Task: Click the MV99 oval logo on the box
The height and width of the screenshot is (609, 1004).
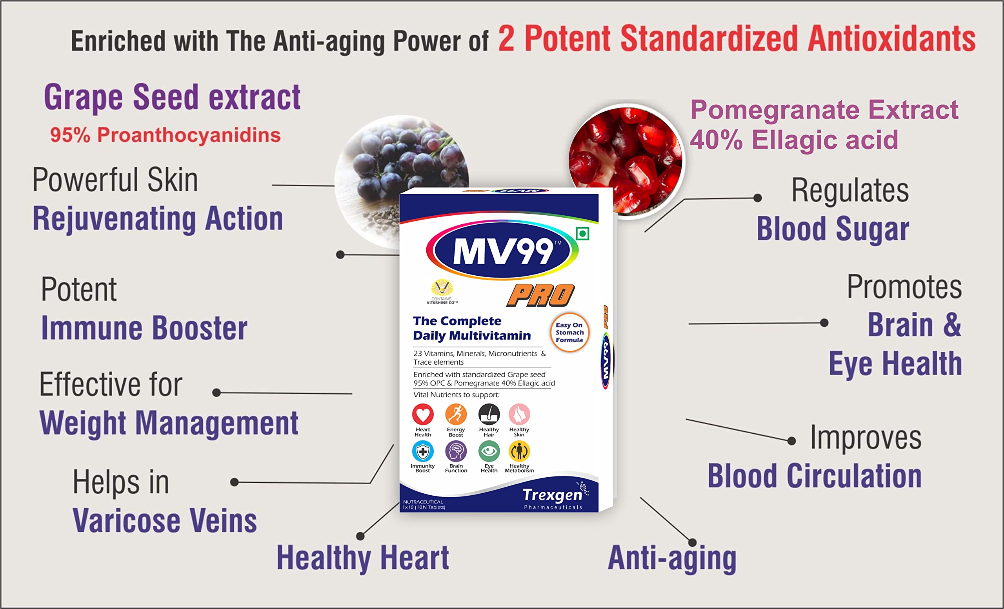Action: (x=502, y=250)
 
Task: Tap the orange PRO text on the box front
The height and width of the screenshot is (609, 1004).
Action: (x=540, y=295)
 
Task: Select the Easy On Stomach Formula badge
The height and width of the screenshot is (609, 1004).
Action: (x=569, y=333)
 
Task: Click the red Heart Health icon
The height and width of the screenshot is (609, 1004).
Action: (x=422, y=414)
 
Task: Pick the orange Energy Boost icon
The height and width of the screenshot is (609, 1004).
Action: (x=456, y=414)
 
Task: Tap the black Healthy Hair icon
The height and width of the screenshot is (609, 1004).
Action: (x=489, y=414)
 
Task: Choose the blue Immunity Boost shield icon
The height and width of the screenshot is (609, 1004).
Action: (x=422, y=451)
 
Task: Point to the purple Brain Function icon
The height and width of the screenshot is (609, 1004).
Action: (x=456, y=451)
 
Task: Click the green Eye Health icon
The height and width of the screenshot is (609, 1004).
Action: (x=489, y=451)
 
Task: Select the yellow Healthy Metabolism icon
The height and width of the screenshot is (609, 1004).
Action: (x=519, y=451)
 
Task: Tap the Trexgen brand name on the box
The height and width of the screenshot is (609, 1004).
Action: (x=553, y=495)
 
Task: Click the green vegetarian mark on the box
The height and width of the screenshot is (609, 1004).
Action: (x=583, y=233)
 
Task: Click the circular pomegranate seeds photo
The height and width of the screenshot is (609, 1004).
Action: (x=627, y=161)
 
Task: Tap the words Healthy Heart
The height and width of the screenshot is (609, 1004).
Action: (x=363, y=558)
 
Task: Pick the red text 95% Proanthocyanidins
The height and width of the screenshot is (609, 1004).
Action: (x=165, y=135)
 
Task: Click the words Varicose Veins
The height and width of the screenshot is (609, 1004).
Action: (x=165, y=521)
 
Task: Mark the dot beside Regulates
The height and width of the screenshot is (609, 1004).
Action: (x=757, y=198)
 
